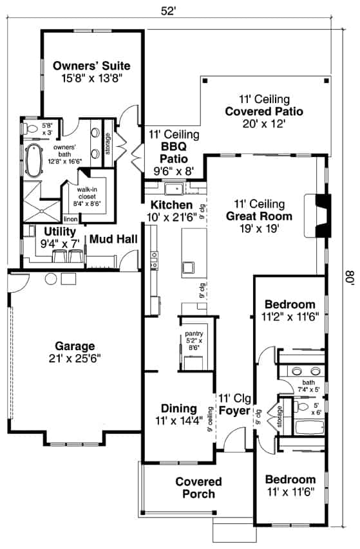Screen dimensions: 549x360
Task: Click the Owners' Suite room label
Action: coord(91,66)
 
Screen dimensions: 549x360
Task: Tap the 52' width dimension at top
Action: coord(168,10)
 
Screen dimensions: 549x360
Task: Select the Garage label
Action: coord(74,346)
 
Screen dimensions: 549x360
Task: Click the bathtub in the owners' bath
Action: coord(32,156)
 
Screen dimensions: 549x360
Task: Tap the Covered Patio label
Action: coord(264,111)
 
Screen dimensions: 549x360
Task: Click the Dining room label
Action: coord(178,408)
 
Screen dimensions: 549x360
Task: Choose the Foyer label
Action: coord(234,410)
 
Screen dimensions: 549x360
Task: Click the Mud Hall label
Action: coord(113,239)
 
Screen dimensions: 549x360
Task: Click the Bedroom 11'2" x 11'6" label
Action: coord(290,304)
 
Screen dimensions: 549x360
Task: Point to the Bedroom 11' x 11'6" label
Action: coord(290,479)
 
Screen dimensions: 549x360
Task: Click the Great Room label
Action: coord(259,216)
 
